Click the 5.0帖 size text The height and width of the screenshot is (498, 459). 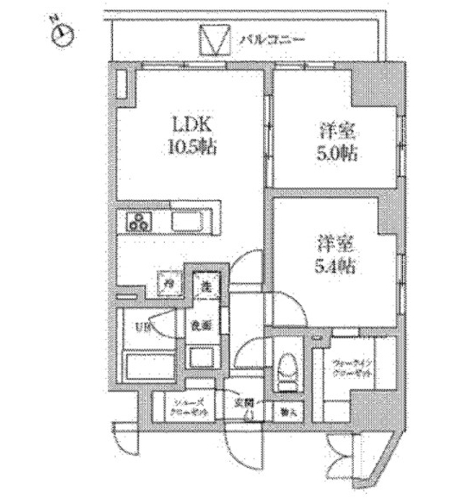click(x=332, y=155)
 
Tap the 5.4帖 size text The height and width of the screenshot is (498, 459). click(x=332, y=264)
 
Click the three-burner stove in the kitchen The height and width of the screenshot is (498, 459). click(x=137, y=223)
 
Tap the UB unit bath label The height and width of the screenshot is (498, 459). click(x=140, y=326)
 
